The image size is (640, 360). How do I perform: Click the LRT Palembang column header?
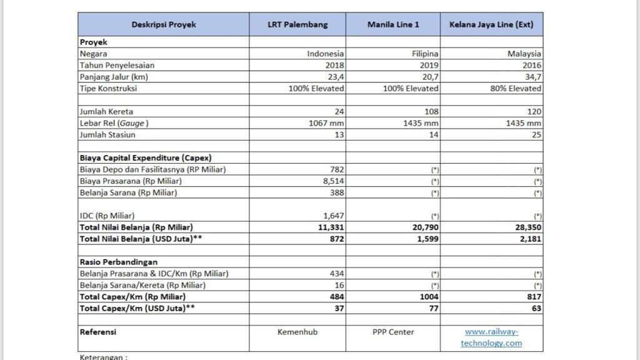pyautogui.click(x=297, y=24)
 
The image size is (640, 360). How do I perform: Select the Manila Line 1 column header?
pyautogui.click(x=393, y=24)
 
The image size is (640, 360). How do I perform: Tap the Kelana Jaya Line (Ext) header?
pyautogui.click(x=491, y=24)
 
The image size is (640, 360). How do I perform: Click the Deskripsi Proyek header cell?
pyautogui.click(x=164, y=24)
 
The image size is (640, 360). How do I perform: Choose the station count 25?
pyautogui.click(x=536, y=134)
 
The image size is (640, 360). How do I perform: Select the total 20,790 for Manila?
pyautogui.click(x=424, y=227)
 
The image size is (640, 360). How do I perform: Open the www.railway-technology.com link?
pyautogui.click(x=491, y=337)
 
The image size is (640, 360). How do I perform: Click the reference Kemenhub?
pyautogui.click(x=297, y=332)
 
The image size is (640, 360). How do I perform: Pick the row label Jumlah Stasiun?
pyautogui.click(x=107, y=134)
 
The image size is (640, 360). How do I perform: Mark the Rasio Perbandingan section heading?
pyautogui.click(x=118, y=262)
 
